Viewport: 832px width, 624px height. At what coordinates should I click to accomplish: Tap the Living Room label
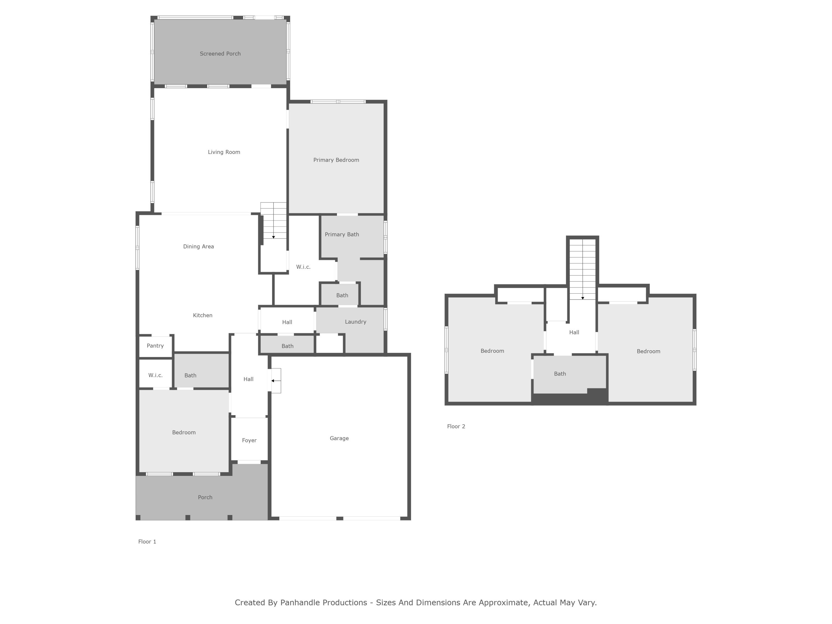(x=224, y=152)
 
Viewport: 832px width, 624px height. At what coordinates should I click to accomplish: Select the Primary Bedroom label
(x=336, y=160)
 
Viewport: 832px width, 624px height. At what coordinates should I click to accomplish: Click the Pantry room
(x=155, y=346)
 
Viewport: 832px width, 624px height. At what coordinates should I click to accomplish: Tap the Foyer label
(x=249, y=440)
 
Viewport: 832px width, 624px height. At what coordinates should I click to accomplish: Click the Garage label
(x=339, y=438)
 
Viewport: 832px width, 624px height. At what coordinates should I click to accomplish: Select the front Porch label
(x=205, y=497)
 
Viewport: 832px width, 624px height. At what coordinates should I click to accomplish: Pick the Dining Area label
(x=198, y=246)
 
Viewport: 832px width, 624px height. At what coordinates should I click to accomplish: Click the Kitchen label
(x=202, y=315)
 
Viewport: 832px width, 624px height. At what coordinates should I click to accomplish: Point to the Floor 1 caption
(x=147, y=542)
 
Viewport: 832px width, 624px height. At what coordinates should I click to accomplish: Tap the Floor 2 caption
(x=456, y=426)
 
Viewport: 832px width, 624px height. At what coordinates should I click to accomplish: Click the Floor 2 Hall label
(x=574, y=332)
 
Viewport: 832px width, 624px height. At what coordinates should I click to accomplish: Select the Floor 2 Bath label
(x=560, y=374)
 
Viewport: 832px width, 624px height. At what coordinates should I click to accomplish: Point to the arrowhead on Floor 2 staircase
(x=583, y=298)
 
